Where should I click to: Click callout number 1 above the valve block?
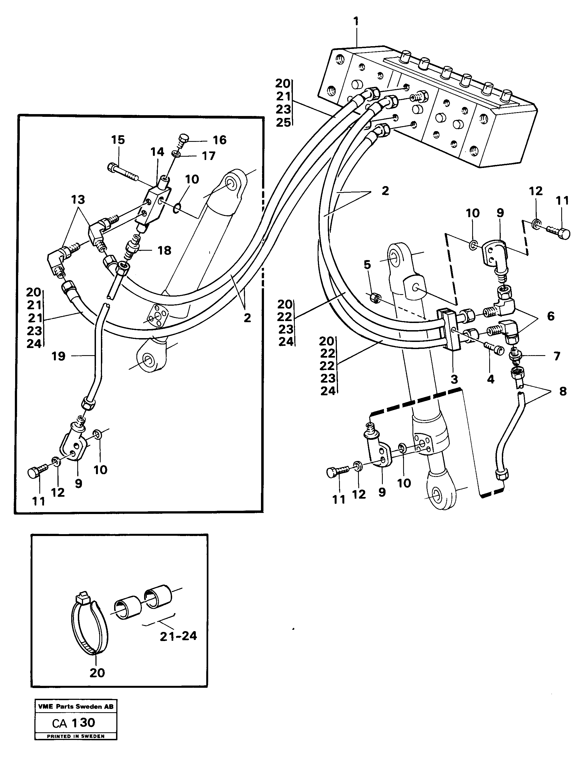pos(356,22)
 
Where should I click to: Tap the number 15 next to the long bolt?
pos(118,140)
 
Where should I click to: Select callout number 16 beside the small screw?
pos(219,140)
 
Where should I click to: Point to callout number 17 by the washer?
pos(209,156)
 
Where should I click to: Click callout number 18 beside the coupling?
pos(164,250)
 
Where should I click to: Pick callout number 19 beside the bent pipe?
pos(58,356)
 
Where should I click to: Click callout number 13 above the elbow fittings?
pos(78,200)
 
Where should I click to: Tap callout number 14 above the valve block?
pos(157,152)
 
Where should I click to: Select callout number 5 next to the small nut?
pos(367,265)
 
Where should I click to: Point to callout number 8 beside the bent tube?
pos(563,391)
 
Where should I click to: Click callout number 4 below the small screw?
pos(490,379)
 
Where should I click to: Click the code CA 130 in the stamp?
pos(74,723)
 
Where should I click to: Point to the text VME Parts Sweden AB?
pos(76,707)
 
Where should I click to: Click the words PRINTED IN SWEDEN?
pos(76,736)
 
